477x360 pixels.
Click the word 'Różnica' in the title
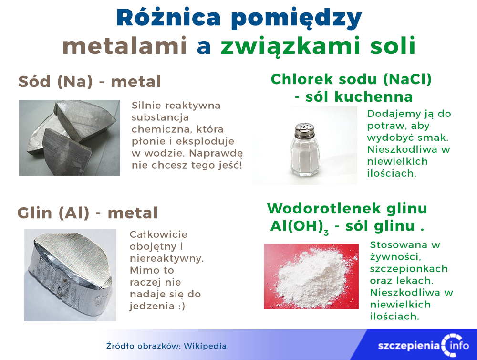168,18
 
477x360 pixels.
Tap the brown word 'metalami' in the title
124,46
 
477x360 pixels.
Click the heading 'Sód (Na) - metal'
90,82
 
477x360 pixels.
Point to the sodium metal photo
70,138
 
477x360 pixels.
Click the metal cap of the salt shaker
304,130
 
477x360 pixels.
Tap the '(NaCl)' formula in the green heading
407,79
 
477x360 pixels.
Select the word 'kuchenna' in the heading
373,97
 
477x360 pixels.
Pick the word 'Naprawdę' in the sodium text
216,154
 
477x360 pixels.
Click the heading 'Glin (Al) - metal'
88,213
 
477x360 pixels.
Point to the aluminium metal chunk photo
70,275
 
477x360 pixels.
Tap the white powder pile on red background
311,276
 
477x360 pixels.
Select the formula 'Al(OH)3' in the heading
300,227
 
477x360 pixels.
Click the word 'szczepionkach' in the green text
409,269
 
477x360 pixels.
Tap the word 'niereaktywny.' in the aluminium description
166,259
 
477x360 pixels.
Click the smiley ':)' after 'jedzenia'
181,306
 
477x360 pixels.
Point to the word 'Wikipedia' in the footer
205,346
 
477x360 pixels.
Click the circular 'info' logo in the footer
456,345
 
